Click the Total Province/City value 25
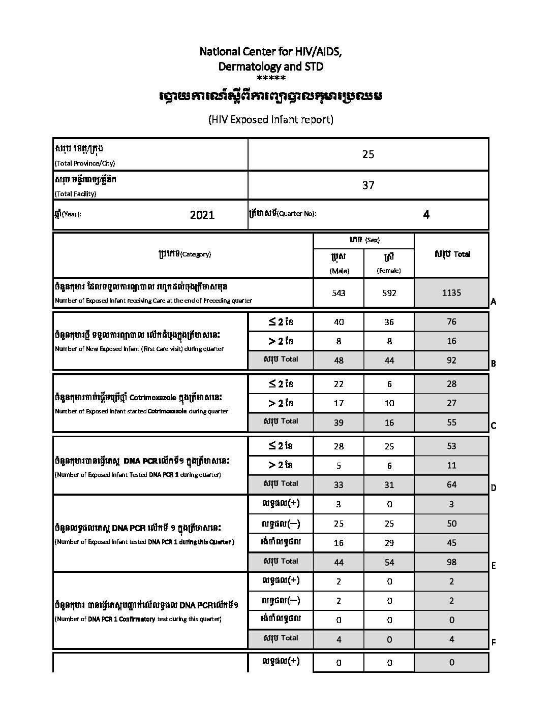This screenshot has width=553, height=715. (368, 154)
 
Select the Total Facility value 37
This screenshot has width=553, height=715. (368, 185)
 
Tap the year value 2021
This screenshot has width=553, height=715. (202, 215)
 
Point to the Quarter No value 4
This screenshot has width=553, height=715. (426, 215)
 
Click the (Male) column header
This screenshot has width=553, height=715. (339, 271)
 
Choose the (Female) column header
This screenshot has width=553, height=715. (389, 271)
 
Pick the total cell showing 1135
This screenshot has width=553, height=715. (451, 292)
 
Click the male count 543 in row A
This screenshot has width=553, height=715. (339, 293)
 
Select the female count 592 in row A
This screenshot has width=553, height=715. (389, 293)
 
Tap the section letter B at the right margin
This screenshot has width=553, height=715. (493, 364)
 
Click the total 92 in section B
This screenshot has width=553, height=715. (451, 361)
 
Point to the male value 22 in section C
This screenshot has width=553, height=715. (339, 384)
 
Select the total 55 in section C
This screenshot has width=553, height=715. (451, 422)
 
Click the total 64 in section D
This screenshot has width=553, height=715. (451, 485)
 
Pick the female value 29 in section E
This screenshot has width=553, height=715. (389, 543)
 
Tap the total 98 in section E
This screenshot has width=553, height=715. (451, 562)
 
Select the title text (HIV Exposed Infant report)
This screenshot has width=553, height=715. (270, 120)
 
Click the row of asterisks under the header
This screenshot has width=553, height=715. (271, 78)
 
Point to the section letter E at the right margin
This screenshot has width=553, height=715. (493, 566)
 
